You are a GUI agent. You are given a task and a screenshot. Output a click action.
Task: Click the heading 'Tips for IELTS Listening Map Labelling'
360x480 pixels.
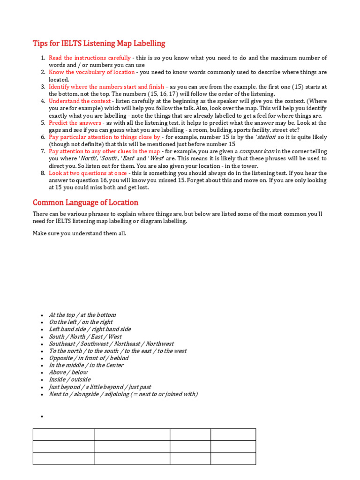coord(99,44)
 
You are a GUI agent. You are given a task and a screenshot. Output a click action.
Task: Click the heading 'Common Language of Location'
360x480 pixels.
coord(85,202)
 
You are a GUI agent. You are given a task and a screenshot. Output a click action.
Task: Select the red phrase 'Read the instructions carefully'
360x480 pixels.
coord(90,58)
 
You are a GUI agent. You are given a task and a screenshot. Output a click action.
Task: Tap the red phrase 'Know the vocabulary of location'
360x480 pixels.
coord(91,72)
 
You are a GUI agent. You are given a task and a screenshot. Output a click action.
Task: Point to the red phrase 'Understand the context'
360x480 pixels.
coord(80,101)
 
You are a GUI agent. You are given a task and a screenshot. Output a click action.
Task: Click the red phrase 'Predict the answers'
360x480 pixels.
coord(75,123)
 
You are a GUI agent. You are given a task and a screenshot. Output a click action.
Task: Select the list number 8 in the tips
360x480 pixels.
coord(43,173)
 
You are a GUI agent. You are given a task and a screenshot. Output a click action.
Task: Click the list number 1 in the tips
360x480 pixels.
coord(43,58)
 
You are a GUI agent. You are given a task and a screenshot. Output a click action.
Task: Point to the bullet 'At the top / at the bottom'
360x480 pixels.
coord(82,315)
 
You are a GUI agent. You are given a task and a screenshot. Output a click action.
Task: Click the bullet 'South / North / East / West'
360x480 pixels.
coord(85,337)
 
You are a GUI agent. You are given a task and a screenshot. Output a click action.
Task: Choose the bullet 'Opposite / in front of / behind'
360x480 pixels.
coord(89,358)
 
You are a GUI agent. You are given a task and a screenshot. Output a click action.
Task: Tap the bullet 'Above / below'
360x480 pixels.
coord(68,372)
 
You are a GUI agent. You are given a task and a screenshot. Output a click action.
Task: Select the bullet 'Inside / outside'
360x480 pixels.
coord(69,380)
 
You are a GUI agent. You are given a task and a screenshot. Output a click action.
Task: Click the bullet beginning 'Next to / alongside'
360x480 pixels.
coord(123,394)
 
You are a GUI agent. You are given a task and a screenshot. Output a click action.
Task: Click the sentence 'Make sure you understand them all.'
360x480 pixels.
coord(79,233)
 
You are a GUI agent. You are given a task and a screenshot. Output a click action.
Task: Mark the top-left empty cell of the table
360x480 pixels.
coord(63,434)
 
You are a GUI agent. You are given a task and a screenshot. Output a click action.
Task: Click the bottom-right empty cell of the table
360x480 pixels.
coord(233,458)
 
